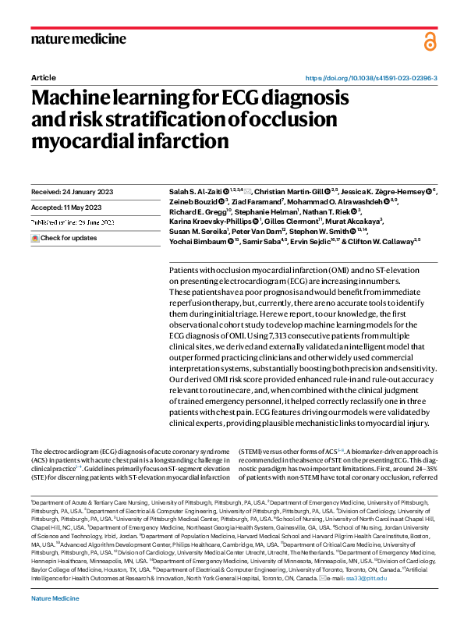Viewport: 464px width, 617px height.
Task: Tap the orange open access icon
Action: point(430,40)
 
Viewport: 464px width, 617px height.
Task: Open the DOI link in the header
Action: point(370,79)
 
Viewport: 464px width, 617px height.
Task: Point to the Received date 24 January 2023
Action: point(75,191)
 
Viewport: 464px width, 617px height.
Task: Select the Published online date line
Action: point(73,222)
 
